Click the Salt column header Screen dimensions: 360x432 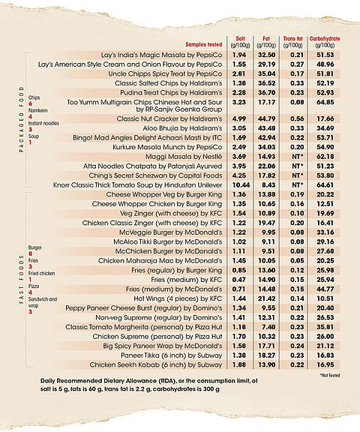click(240, 42)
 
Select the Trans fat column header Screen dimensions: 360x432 click(292, 42)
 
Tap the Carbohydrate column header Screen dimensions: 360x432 click(325, 42)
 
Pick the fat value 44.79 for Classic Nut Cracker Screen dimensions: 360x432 click(266, 118)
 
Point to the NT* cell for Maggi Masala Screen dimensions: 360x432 click(297, 157)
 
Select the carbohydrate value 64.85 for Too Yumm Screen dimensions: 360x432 click(325, 102)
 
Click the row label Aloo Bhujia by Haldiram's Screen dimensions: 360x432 click(182, 128)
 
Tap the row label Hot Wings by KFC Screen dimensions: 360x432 click(178, 298)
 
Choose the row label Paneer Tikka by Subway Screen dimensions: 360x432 click(171, 355)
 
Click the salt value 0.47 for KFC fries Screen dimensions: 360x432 click(239, 280)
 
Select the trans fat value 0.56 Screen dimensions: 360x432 click(297, 118)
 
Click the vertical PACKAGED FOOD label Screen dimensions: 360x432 click(22, 119)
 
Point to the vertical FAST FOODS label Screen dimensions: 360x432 click(22, 279)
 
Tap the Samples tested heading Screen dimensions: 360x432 click(203, 45)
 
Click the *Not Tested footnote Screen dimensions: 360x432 click(330, 375)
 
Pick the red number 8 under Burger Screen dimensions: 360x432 click(30, 253)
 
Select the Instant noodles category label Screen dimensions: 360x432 click(43, 123)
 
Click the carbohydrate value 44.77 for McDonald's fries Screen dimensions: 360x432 click(325, 289)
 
